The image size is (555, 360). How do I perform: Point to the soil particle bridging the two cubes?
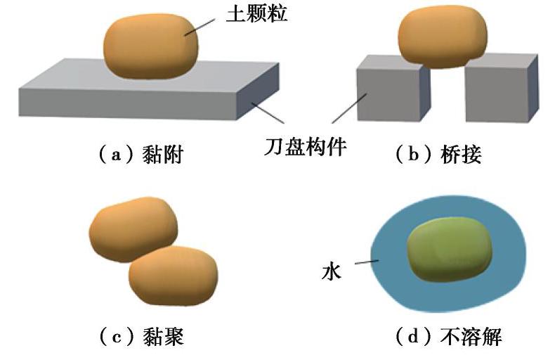443,39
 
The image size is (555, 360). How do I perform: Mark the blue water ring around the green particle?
393,281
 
